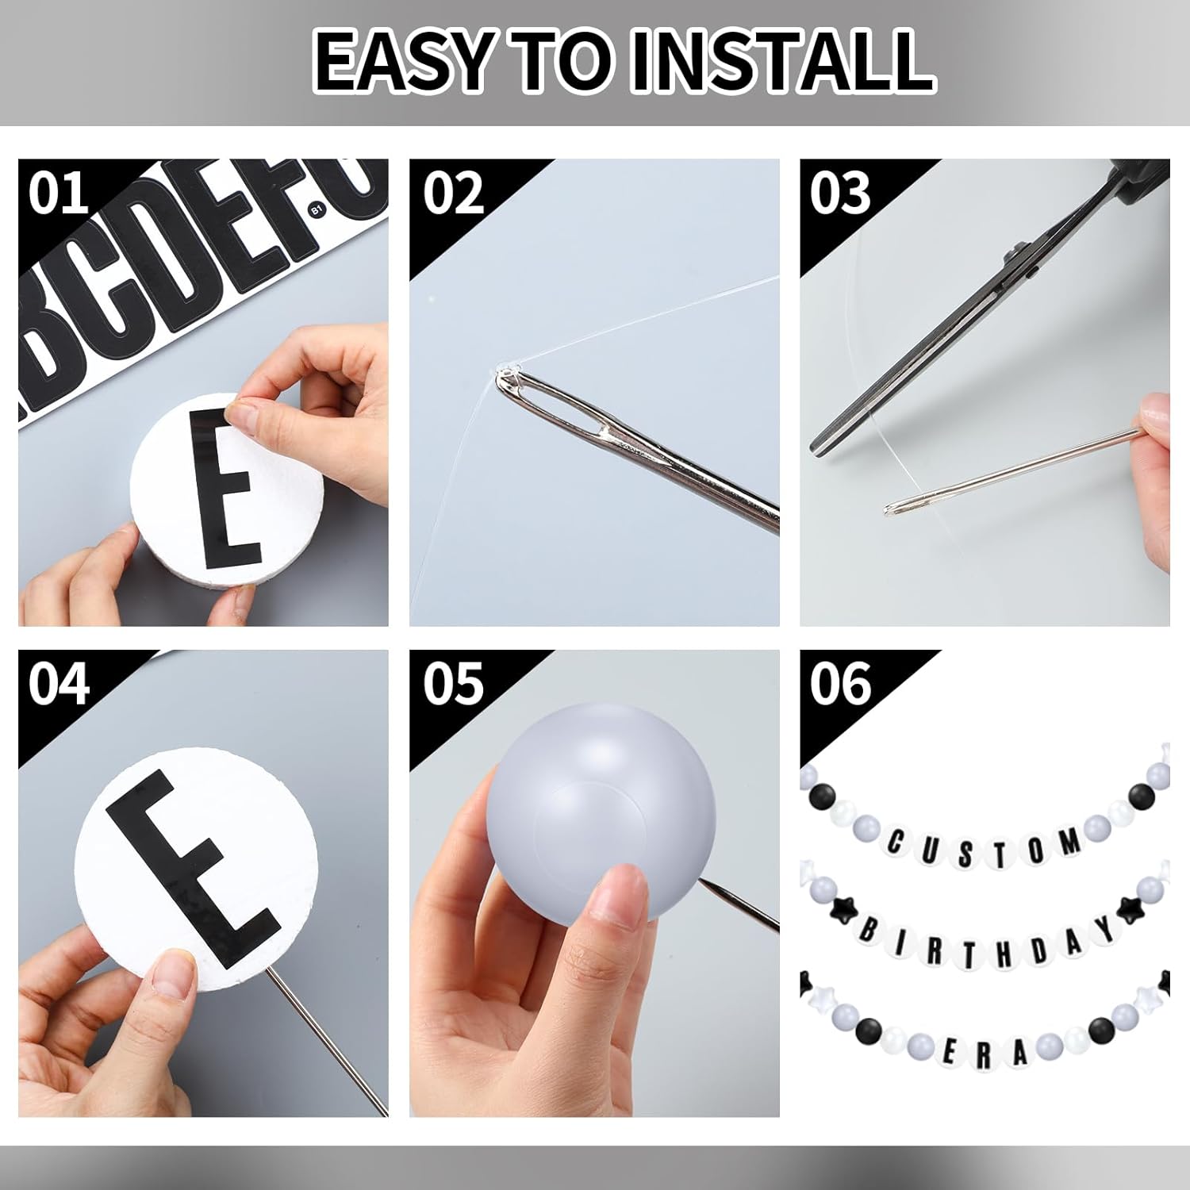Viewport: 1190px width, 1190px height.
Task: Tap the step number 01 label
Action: [57, 193]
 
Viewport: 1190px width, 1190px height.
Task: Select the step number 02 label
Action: [453, 193]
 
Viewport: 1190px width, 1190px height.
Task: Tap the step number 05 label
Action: [453, 684]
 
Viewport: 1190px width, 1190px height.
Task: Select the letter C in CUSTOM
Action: [896, 843]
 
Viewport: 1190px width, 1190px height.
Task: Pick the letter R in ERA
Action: [984, 1054]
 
